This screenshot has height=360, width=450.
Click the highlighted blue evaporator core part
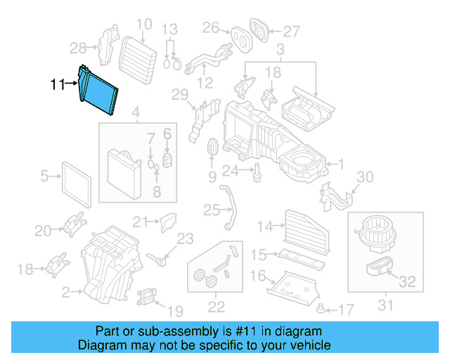coord(100,91)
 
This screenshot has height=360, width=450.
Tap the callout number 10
coord(143,25)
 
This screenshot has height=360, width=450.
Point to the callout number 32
coord(407,283)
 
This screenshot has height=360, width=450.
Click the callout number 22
coord(216,307)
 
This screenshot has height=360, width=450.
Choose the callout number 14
coord(264,226)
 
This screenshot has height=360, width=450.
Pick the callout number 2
coord(66,291)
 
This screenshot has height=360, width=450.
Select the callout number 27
coord(291,30)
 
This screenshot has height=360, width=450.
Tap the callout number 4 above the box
coord(136,112)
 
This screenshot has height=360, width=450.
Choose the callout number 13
coord(168,30)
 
